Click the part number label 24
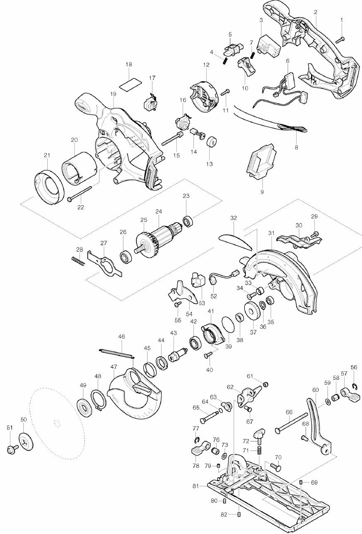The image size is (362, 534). click(159, 211)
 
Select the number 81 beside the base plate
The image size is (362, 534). click(195, 486)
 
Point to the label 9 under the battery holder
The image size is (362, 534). click(262, 192)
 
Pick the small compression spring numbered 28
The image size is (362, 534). click(78, 260)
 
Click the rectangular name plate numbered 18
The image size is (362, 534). click(130, 84)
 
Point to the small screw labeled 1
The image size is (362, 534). click(340, 40)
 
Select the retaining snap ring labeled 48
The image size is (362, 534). click(98, 400)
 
